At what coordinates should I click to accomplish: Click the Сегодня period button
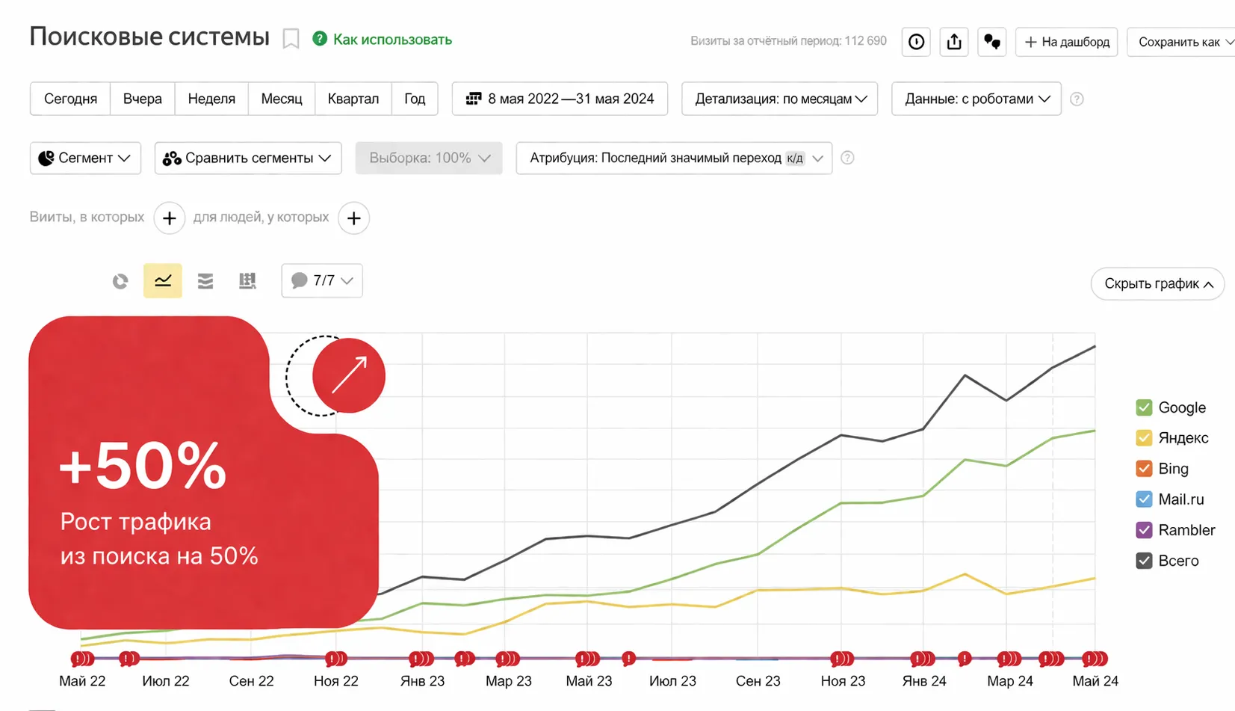[70, 99]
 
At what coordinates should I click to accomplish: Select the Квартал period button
[353, 99]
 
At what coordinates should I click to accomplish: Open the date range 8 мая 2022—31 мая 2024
[560, 99]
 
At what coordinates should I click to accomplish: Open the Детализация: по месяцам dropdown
[779, 99]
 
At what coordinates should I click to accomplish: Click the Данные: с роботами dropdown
[976, 99]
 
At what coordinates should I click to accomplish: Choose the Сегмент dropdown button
[85, 158]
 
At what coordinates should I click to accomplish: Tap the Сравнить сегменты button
[247, 158]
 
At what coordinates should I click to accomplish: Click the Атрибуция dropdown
[673, 158]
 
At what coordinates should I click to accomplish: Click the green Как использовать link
[391, 40]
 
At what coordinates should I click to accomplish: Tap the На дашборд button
[1066, 42]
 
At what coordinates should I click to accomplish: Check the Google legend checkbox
[1144, 407]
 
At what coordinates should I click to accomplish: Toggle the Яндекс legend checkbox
[1144, 438]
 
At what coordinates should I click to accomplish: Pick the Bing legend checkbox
[1144, 469]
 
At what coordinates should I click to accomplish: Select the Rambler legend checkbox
[1144, 530]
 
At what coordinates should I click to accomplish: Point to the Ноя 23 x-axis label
[843, 681]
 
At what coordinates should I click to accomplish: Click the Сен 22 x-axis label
[251, 681]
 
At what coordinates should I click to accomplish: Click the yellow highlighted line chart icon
[163, 280]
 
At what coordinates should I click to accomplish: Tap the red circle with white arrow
[349, 375]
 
